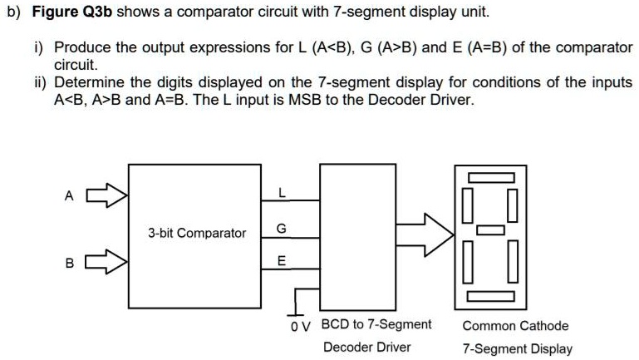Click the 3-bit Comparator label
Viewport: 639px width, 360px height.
[x=197, y=234]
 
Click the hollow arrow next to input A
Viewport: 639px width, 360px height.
[x=109, y=197]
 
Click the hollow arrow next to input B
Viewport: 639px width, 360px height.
[x=109, y=264]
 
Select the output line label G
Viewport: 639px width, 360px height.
[x=282, y=228]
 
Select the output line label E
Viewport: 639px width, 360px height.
[x=282, y=261]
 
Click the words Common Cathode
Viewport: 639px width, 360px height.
[x=515, y=326]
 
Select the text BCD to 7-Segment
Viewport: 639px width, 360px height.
[x=376, y=324]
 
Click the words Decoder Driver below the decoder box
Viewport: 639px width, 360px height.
[x=366, y=347]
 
